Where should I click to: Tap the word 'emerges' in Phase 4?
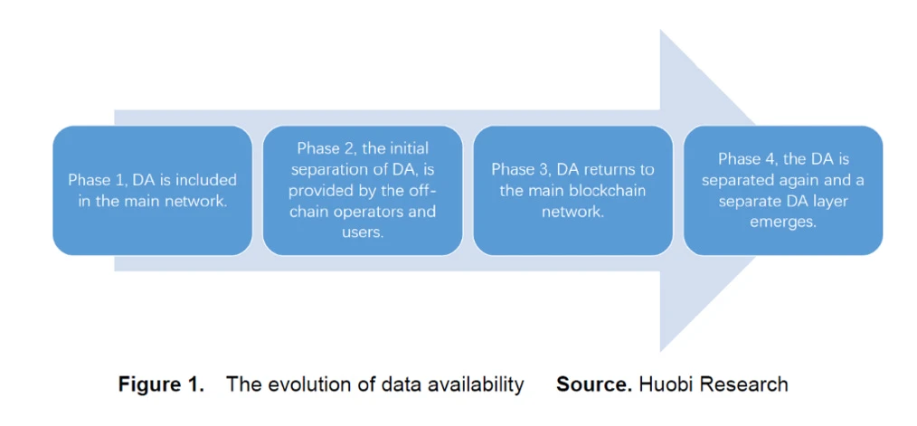point(783,222)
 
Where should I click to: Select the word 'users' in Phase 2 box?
point(363,232)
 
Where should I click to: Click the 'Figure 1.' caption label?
point(161,384)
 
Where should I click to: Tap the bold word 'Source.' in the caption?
point(594,384)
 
